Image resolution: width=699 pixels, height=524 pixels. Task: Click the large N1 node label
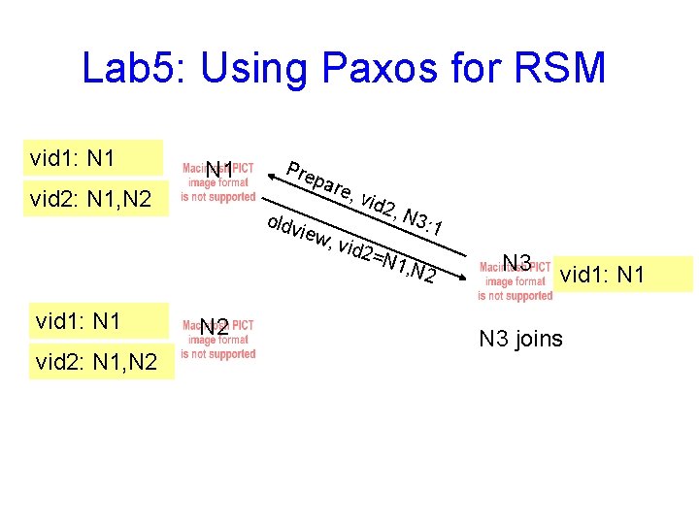click(x=218, y=172)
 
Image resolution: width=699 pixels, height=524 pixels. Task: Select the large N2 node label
click(x=215, y=328)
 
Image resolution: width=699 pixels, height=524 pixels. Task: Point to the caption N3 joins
click(x=520, y=339)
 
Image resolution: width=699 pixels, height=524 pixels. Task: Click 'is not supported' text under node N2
click(x=218, y=354)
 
